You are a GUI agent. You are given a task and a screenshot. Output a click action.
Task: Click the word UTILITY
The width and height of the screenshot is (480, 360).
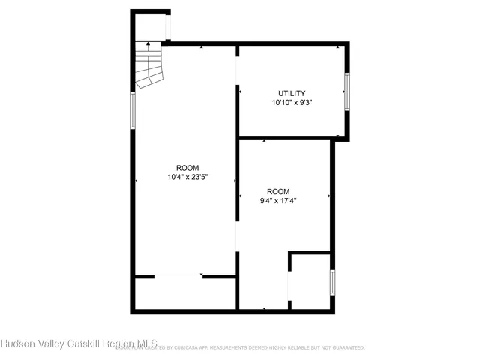pyautogui.click(x=292, y=94)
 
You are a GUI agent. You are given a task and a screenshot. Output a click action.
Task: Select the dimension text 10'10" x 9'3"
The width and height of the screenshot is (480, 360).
pyautogui.click(x=292, y=103)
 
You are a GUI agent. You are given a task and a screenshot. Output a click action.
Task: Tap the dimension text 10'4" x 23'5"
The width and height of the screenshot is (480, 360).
pyautogui.click(x=187, y=178)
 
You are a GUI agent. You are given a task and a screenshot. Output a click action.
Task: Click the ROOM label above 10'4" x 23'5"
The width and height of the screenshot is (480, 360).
pyautogui.click(x=187, y=168)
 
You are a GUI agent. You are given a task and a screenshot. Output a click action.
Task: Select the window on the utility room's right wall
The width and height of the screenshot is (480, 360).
pyautogui.click(x=346, y=92)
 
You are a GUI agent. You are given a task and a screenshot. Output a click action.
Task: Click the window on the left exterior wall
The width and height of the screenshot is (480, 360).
pyautogui.click(x=133, y=110)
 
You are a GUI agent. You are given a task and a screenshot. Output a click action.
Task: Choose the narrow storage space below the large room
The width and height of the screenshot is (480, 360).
pyautogui.click(x=185, y=294)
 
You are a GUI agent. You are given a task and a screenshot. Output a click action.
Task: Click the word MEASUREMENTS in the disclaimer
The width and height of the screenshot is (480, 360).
pyautogui.click(x=231, y=348)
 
